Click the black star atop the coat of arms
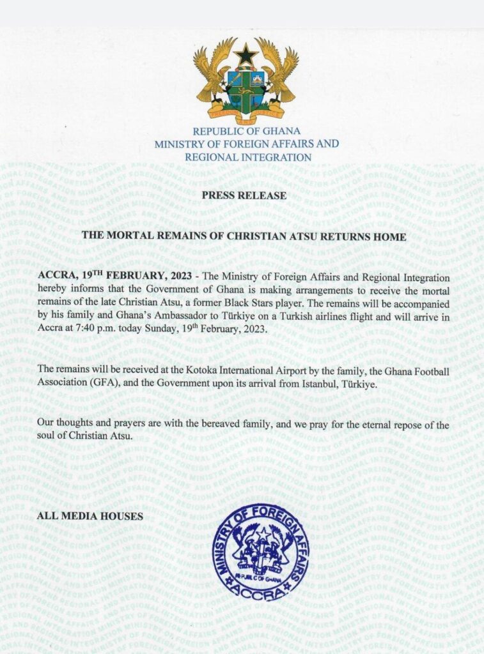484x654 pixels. pos(245,54)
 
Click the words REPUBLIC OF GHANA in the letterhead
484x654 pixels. pos(246,132)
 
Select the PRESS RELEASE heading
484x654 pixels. pos(246,195)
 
